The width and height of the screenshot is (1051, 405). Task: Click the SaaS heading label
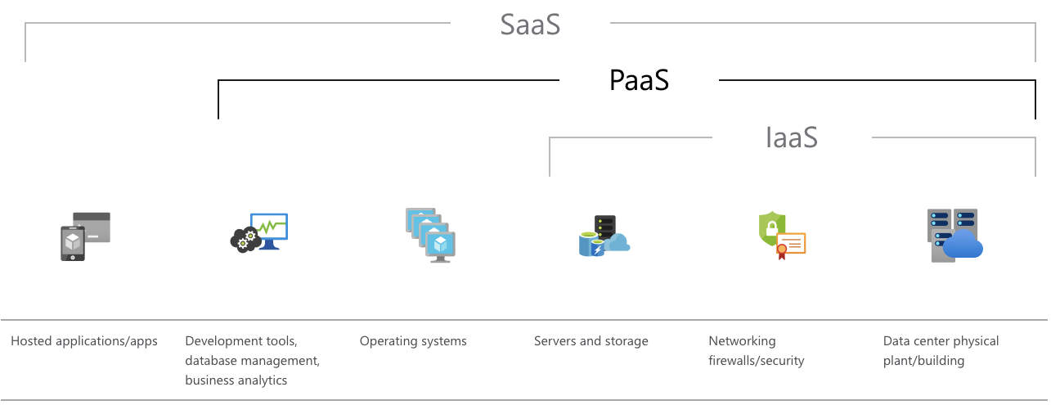point(530,25)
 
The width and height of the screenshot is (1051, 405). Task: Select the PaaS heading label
point(639,80)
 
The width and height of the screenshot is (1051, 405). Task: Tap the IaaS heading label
point(792,137)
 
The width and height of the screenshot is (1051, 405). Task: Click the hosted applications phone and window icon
point(85,236)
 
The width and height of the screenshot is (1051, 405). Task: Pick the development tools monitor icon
point(259,232)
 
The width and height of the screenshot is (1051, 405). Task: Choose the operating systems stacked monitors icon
point(430,235)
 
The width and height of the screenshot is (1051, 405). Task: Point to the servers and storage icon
point(604,236)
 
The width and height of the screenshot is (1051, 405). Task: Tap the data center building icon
point(954,235)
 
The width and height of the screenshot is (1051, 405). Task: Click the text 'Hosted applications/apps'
point(84,341)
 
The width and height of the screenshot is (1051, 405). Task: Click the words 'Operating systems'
point(413,341)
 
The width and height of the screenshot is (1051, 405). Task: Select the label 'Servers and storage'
point(591,341)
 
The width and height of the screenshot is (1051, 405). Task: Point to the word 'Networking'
point(742,341)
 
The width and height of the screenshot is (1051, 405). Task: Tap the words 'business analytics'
point(236,380)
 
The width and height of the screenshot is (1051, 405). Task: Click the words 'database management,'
point(252,361)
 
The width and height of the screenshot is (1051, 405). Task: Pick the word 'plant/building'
point(923,361)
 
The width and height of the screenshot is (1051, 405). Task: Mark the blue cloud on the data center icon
point(963,245)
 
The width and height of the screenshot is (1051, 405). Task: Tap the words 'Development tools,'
point(241,341)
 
